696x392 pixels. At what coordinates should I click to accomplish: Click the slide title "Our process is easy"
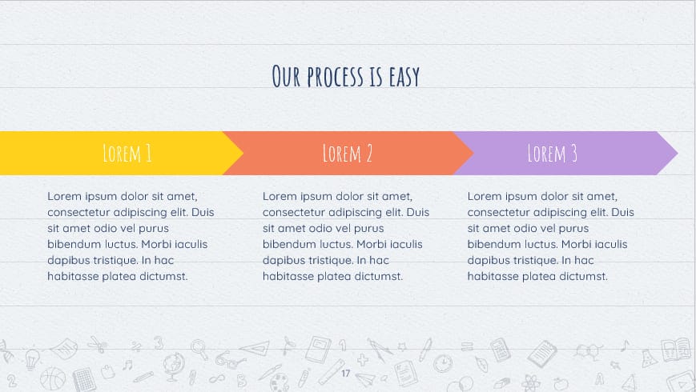(x=346, y=77)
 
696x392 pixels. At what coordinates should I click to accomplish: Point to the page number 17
(x=346, y=374)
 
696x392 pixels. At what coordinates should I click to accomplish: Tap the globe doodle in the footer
(x=173, y=367)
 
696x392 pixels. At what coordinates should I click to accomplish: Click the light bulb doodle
(x=32, y=357)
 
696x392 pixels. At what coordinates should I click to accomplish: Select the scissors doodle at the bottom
(x=98, y=346)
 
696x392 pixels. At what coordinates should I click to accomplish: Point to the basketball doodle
(x=53, y=378)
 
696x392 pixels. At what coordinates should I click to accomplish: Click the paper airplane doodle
(x=366, y=378)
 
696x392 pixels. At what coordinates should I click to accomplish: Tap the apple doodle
(x=561, y=383)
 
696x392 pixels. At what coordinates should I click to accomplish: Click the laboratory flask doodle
(x=649, y=354)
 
